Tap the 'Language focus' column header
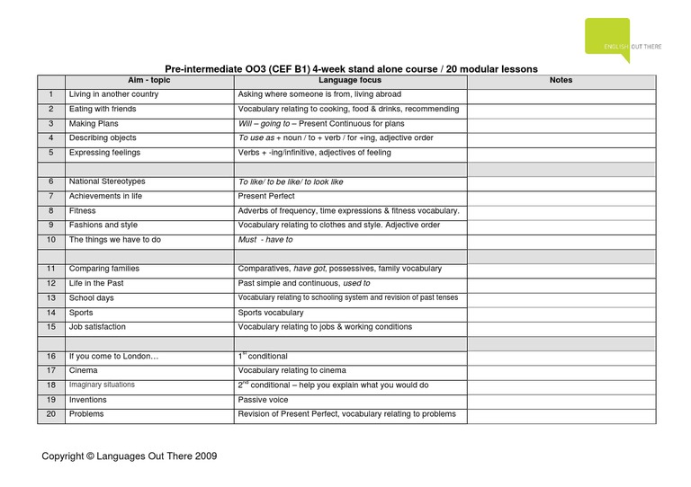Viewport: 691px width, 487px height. (350, 81)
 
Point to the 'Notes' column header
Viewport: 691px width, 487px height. (560, 81)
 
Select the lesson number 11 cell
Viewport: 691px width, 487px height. (51, 269)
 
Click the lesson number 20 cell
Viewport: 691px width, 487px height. (51, 414)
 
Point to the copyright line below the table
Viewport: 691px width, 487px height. (130, 456)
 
